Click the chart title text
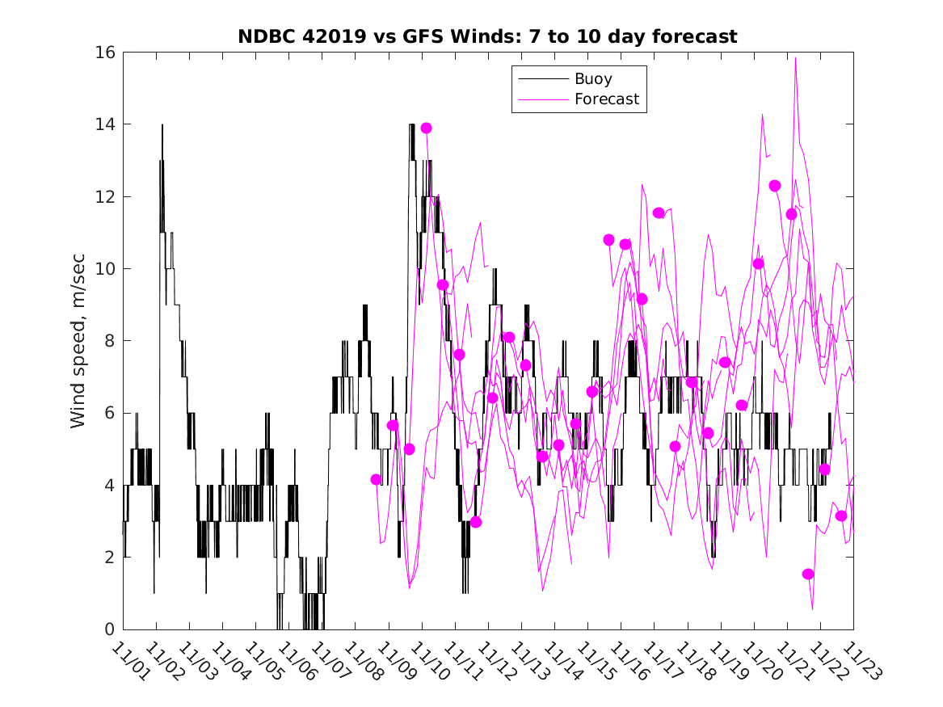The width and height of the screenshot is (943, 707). (487, 36)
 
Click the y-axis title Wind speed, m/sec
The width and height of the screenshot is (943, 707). (78, 340)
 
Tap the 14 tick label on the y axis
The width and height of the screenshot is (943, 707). (105, 124)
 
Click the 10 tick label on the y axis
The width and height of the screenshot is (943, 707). (105, 269)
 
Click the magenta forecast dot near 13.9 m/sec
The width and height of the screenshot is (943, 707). (426, 128)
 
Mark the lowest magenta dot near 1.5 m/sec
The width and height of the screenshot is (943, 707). (808, 574)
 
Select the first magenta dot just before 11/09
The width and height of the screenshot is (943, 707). (376, 479)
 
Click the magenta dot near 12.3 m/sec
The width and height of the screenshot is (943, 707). (774, 186)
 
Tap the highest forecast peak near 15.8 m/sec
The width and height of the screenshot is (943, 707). (796, 58)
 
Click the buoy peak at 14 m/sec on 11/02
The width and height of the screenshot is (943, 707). (162, 125)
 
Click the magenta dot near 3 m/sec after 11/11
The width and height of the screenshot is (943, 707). (476, 522)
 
